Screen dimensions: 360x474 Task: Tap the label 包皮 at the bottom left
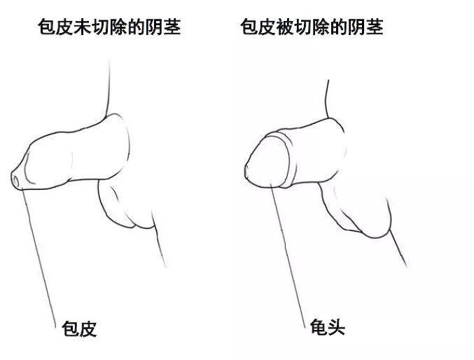(79, 329)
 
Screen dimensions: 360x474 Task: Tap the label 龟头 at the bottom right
(327, 327)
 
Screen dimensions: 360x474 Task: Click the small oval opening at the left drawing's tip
(16, 181)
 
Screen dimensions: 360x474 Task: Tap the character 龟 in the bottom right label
(318, 327)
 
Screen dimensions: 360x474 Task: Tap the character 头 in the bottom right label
(336, 327)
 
